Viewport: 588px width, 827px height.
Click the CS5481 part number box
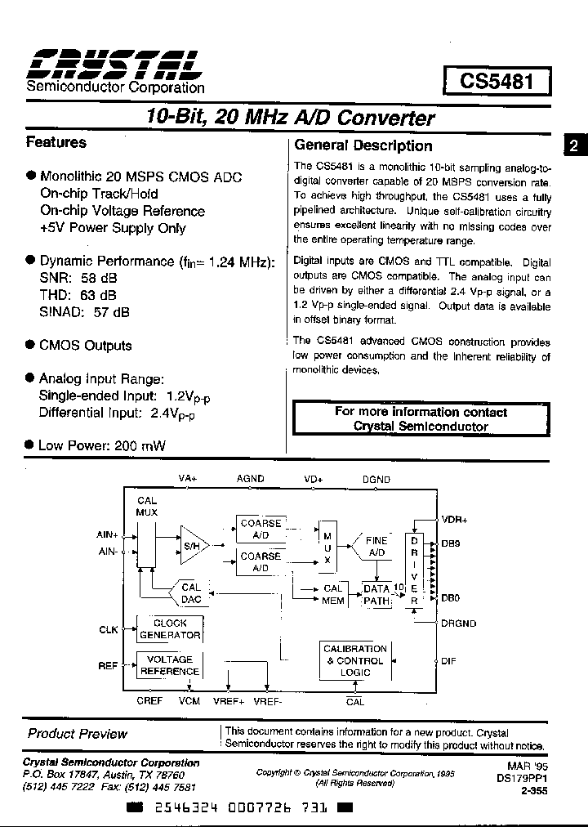[497, 82]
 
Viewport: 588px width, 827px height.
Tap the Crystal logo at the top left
[115, 63]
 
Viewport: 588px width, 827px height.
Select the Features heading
[56, 142]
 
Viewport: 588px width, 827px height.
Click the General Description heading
[363, 145]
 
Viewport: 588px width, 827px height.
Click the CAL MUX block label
[147, 507]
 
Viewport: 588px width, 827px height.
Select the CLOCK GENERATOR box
[169, 628]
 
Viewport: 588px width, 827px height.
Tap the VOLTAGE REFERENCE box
[169, 665]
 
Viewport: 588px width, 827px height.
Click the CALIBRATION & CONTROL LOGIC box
[355, 660]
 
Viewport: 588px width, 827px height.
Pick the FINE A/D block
[376, 547]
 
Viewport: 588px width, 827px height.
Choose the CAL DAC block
[190, 593]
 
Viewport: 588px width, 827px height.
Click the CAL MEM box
[333, 594]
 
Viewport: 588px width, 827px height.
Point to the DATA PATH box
[376, 595]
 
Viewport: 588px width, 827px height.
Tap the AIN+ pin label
[108, 534]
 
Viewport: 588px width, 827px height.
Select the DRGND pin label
[458, 624]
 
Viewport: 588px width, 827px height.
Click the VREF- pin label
[268, 701]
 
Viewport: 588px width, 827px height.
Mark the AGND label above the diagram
[250, 479]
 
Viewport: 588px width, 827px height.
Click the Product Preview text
[78, 734]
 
